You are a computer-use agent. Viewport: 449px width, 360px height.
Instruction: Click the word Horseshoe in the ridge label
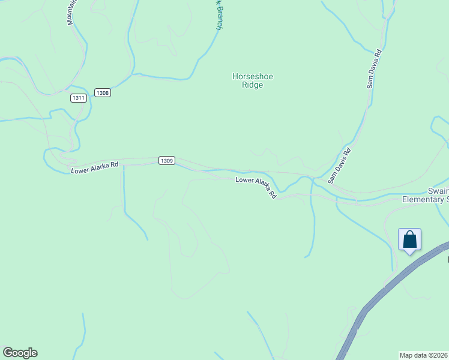point(248,76)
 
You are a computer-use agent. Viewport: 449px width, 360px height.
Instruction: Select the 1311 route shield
point(78,98)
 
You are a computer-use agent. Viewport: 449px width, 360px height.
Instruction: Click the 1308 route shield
point(102,93)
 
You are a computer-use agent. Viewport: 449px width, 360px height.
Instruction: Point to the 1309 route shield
point(167,160)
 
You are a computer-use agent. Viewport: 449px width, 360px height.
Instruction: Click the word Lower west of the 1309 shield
point(81,170)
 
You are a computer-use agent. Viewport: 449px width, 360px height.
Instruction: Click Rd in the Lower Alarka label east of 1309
point(273,194)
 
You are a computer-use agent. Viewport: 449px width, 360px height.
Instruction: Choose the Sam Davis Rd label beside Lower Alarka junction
point(339,166)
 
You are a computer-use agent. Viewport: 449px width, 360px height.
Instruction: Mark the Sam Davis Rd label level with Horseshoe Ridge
point(375,69)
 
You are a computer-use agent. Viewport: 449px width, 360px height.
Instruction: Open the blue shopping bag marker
point(410,240)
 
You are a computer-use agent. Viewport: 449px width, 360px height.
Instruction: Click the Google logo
point(20,353)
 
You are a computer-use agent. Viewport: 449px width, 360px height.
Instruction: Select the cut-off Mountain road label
point(71,12)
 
